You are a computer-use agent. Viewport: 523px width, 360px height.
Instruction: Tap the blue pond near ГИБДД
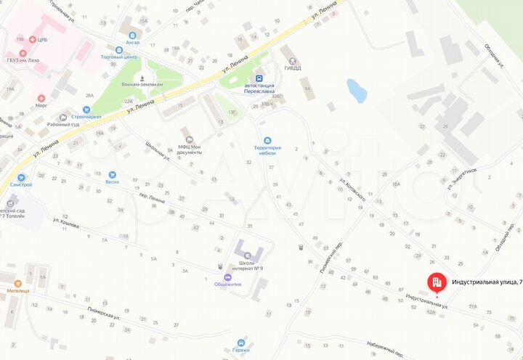coord(356,91)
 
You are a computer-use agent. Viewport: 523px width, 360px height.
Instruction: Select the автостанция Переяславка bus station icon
coord(258,78)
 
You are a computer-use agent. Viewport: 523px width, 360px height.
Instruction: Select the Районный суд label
coord(63,124)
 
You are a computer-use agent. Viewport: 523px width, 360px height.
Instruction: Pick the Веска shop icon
coord(111,174)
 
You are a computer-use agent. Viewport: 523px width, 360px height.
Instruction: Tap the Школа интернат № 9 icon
coord(247,255)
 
